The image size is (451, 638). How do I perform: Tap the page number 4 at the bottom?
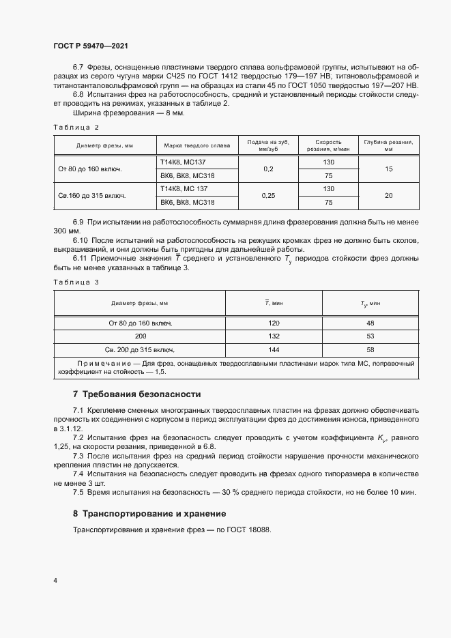click(55, 580)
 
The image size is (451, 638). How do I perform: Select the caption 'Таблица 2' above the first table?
click(76, 128)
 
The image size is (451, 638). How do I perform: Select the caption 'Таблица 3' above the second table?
click(76, 282)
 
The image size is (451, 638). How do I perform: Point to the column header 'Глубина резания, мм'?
click(388, 146)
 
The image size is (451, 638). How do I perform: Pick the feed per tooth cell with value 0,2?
click(268, 169)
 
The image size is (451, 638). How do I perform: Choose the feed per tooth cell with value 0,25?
click(268, 195)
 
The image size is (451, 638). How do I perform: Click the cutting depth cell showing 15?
click(388, 169)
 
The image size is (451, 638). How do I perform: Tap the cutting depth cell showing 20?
click(388, 195)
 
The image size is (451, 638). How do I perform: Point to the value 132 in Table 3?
click(274, 336)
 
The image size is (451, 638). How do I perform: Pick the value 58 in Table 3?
click(370, 349)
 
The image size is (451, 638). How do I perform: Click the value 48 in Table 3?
click(370, 323)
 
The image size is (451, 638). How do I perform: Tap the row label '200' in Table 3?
click(141, 336)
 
